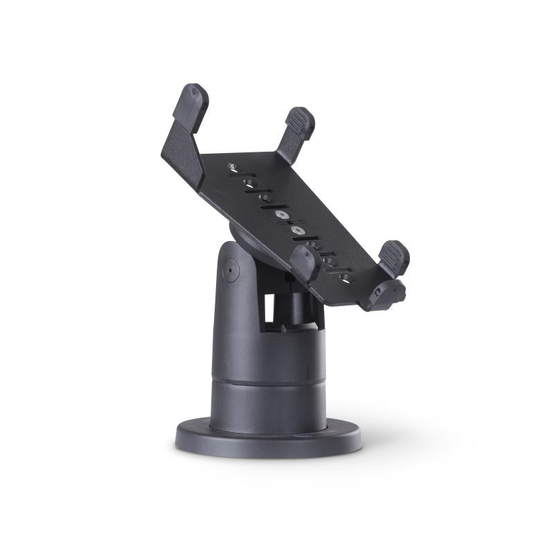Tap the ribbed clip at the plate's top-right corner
(x=300, y=123)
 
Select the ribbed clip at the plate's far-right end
(x=394, y=257)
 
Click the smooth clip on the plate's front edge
(x=305, y=262)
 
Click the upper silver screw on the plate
(x=282, y=215)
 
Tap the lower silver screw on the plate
(x=298, y=230)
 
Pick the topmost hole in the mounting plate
(x=233, y=167)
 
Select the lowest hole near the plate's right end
(x=346, y=278)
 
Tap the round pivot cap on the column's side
(x=230, y=269)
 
